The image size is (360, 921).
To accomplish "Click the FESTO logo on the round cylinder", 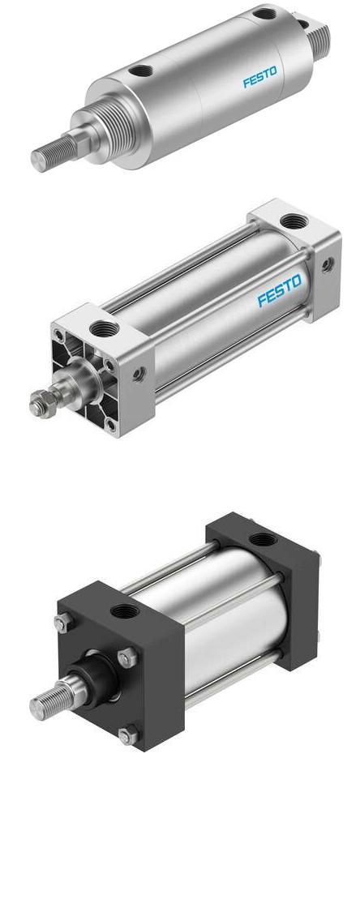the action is point(259,77).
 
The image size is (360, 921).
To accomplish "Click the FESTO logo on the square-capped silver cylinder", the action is point(279,290).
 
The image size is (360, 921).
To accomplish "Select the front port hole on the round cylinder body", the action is point(141,71).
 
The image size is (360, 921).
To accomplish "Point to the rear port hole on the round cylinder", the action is point(264,13).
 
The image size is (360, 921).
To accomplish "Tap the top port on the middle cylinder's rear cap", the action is point(294,221).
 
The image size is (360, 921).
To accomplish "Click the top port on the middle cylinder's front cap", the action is point(105,329).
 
